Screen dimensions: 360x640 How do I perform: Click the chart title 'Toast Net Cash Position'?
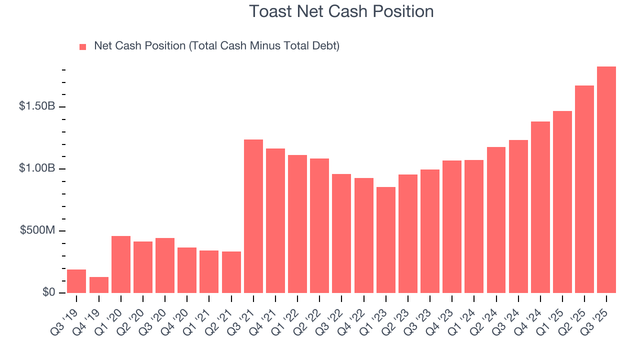[341, 11]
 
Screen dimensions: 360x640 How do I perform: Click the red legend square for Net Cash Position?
[83, 47]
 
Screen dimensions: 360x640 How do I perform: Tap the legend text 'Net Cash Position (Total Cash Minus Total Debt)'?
[216, 46]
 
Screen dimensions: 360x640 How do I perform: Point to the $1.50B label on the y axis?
[37, 106]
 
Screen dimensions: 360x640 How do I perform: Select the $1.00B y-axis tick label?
[37, 168]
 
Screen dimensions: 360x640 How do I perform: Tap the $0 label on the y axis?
[49, 292]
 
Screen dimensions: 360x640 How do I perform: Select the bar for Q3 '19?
[76, 281]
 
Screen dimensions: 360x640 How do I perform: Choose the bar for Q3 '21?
[253, 216]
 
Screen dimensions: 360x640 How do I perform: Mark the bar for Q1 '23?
[386, 240]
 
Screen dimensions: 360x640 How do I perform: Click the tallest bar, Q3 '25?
[606, 179]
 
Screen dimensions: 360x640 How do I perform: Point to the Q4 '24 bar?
[540, 207]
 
